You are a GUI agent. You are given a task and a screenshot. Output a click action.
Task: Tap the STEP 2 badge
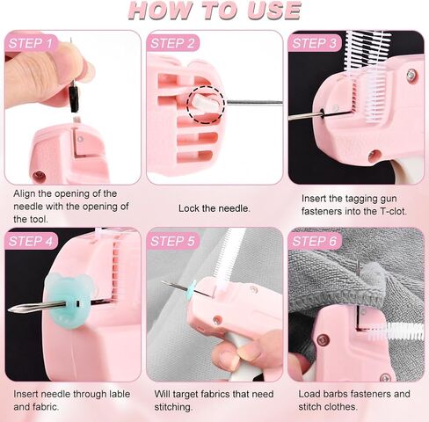(x=173, y=43)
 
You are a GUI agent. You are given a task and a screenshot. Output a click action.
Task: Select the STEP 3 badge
(x=315, y=43)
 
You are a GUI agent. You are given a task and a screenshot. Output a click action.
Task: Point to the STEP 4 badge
(x=32, y=240)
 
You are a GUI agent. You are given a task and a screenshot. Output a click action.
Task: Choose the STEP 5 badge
(x=173, y=240)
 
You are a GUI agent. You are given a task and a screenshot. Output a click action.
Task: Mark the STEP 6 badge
(x=316, y=240)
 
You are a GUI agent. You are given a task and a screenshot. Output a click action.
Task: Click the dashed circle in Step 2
(x=208, y=103)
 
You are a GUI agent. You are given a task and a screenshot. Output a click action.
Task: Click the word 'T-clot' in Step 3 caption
(x=383, y=215)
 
